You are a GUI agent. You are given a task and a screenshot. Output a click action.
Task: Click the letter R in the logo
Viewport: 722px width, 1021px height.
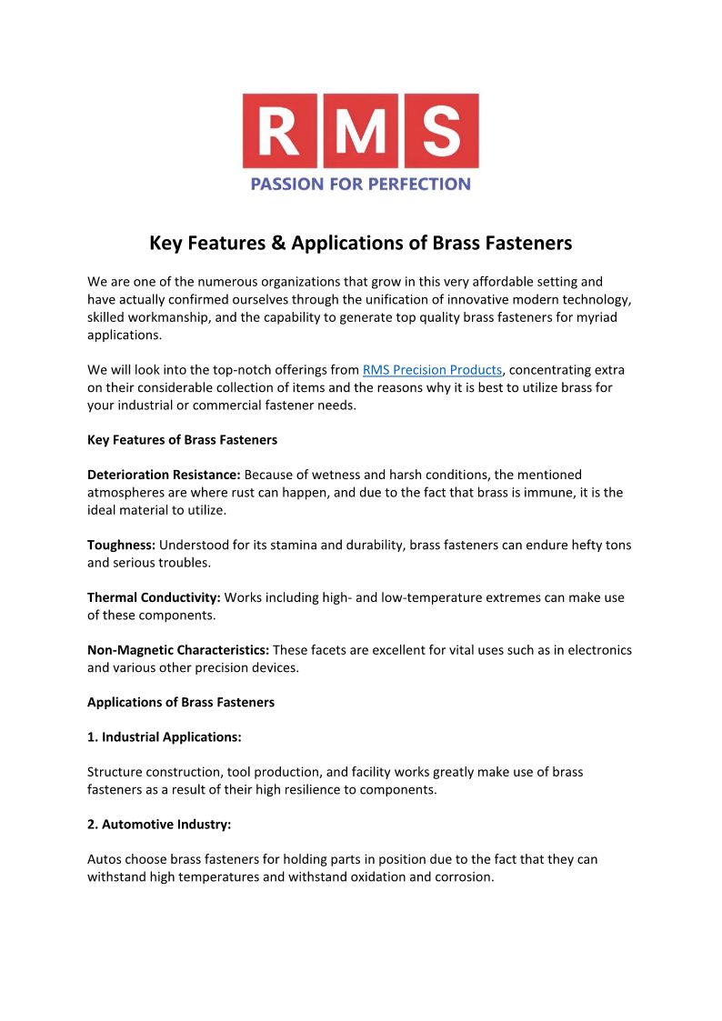[x=281, y=131]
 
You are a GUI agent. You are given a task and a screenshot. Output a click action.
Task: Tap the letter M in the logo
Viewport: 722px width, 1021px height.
[x=360, y=131]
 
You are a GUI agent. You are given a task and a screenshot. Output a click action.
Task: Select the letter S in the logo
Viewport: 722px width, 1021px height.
[x=440, y=131]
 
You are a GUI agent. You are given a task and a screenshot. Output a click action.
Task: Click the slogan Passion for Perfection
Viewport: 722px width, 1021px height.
[x=360, y=184]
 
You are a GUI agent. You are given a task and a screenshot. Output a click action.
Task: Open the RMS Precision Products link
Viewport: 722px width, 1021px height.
[x=432, y=370]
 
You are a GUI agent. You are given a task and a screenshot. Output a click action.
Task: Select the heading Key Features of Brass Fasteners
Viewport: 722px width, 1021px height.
[x=182, y=440]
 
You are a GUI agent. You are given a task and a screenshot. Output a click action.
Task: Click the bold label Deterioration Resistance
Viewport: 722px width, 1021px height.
[x=164, y=475]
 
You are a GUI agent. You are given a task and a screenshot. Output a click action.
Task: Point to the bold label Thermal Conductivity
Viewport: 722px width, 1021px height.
[x=154, y=598]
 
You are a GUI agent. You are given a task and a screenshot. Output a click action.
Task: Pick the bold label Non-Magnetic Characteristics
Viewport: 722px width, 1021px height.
[x=177, y=650]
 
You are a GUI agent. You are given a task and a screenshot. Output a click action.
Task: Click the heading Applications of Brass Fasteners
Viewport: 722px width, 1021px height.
[x=181, y=703]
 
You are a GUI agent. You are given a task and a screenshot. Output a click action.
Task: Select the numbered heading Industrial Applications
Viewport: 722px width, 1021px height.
[x=164, y=737]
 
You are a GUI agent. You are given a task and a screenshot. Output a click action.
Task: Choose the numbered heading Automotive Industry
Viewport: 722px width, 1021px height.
[x=159, y=825]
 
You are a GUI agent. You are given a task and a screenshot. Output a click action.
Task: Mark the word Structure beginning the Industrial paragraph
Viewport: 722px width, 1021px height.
[x=115, y=772]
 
